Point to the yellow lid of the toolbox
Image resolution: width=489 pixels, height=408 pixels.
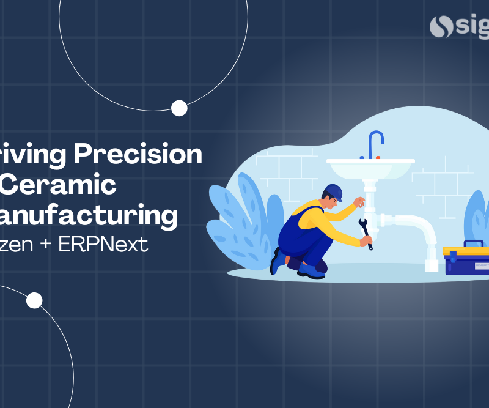click(x=466, y=251)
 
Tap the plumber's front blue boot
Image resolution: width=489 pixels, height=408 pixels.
click(x=312, y=270)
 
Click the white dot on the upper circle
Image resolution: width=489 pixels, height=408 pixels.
click(x=179, y=108)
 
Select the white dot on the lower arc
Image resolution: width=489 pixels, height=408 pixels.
click(x=34, y=300)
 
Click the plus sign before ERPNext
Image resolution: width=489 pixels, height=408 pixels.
click(x=49, y=245)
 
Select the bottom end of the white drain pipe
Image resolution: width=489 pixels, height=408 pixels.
click(x=432, y=265)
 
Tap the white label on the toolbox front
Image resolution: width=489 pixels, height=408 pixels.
click(x=482, y=266)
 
